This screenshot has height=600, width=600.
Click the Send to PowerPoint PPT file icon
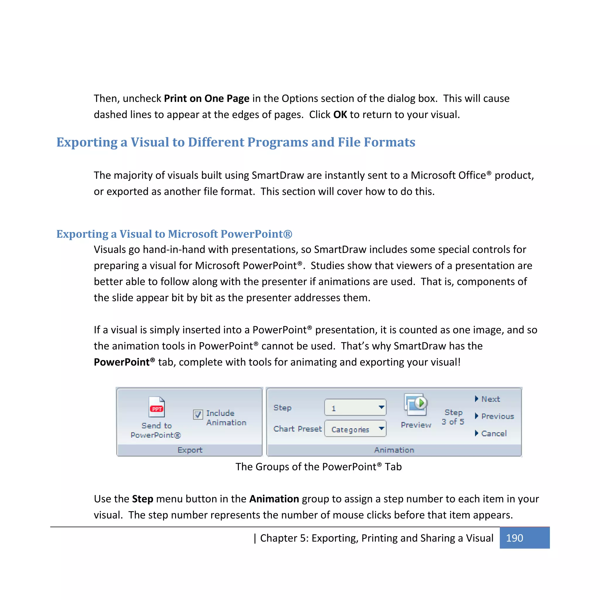(156, 407)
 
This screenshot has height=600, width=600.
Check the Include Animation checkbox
(198, 414)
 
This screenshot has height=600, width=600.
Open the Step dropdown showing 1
(355, 408)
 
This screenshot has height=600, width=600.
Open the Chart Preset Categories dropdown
(355, 429)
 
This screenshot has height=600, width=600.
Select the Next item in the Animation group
(490, 399)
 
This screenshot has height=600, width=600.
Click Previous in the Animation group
(497, 416)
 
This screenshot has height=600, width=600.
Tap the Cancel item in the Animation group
(493, 434)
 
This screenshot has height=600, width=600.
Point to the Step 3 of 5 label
(453, 417)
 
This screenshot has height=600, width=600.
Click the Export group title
(190, 450)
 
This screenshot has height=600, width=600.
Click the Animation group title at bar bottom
(394, 450)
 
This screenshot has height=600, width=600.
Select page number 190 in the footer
(514, 538)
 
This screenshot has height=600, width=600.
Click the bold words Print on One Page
(207, 98)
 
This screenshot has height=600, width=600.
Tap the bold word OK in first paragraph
(340, 115)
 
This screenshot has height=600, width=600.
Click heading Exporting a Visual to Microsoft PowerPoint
(174, 234)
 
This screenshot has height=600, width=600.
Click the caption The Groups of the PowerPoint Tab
(318, 467)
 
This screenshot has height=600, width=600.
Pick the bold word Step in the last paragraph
(143, 499)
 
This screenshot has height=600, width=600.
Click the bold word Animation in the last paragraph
(274, 499)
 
